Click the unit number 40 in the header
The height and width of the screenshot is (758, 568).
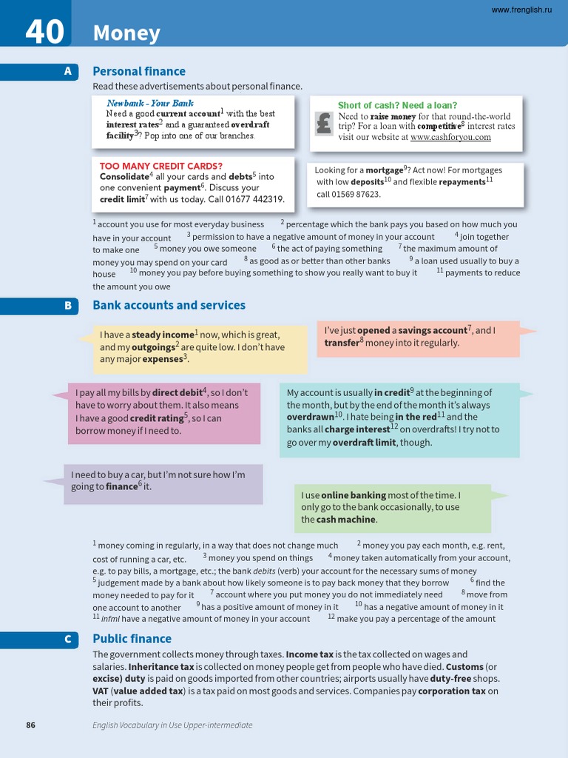[x=44, y=32]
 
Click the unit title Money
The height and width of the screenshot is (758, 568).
[x=126, y=33]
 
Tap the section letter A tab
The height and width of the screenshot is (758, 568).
[x=67, y=72]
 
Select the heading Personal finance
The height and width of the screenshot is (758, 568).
[x=139, y=72]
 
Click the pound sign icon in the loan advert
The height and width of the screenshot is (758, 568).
[x=323, y=123]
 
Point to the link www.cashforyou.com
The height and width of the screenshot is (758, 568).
[x=450, y=137]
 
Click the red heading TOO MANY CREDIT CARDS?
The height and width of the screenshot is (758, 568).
[x=161, y=166]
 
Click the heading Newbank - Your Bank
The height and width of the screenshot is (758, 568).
[x=150, y=104]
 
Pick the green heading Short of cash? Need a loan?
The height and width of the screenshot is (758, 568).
[x=397, y=105]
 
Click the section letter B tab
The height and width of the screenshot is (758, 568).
[x=67, y=305]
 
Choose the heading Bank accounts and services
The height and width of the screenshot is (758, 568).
[x=169, y=305]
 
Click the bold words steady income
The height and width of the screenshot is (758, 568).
[x=163, y=335]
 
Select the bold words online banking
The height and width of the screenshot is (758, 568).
[x=354, y=495]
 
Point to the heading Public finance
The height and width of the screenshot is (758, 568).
[x=132, y=639]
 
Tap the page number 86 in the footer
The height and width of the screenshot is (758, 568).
[x=30, y=725]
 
